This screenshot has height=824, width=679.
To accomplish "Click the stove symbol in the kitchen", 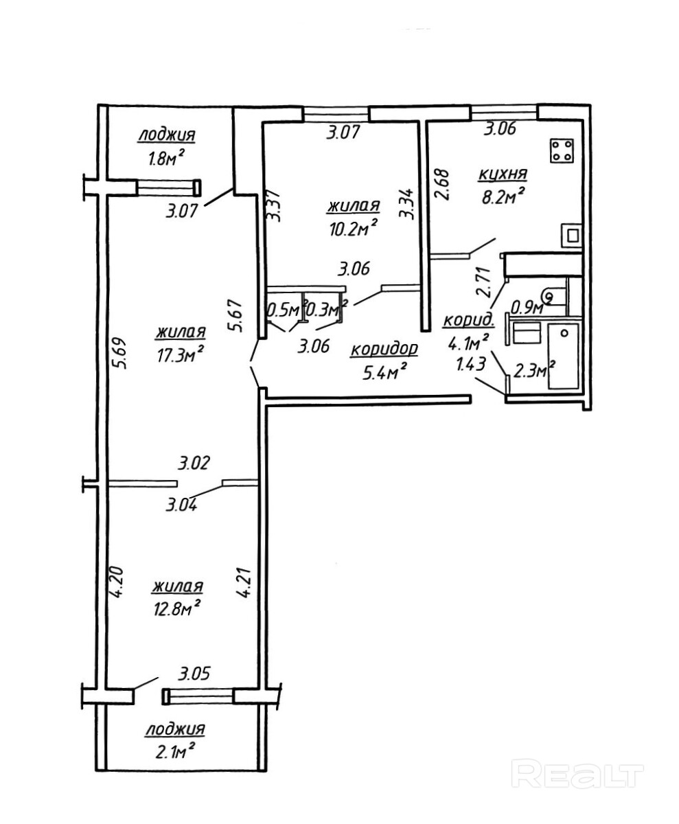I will click(562, 152).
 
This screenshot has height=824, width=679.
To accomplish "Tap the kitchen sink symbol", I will click(571, 234).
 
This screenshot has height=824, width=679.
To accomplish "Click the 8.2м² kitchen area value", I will click(503, 198).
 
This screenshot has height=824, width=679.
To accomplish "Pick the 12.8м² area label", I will click(177, 609).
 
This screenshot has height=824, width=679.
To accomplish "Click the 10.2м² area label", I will click(354, 228).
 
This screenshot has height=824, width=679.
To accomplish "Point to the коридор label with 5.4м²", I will click(384, 350).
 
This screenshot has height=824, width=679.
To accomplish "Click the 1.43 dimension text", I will click(471, 363).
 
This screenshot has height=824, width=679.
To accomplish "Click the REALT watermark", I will click(579, 776).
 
